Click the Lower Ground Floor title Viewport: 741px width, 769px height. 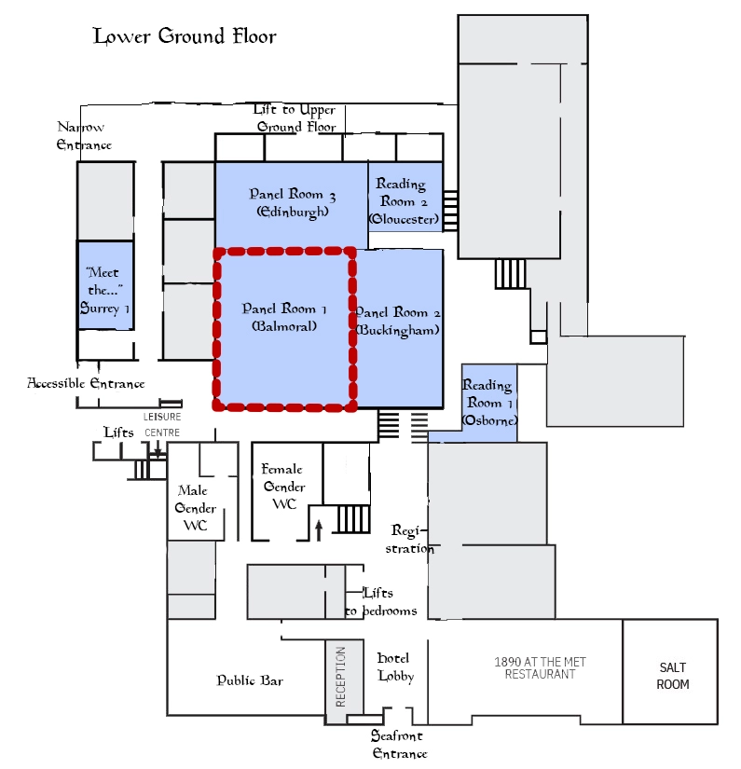pyautogui.click(x=185, y=37)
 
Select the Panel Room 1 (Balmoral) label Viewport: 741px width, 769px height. pyautogui.click(x=284, y=318)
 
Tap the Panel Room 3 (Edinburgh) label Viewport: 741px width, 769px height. pyautogui.click(x=292, y=203)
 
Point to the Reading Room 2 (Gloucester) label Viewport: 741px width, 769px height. pyautogui.click(x=404, y=201)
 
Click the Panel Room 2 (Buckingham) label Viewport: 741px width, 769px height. pyautogui.click(x=397, y=322)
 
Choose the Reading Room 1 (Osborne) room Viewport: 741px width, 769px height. pyautogui.click(x=488, y=403)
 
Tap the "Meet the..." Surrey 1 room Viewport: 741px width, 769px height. pyautogui.click(x=104, y=284)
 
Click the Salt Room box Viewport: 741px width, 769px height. pyautogui.click(x=672, y=676)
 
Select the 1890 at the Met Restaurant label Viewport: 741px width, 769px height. pyautogui.click(x=540, y=668)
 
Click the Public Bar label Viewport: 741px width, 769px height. pyautogui.click(x=250, y=680)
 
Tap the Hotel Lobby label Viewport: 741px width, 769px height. pyautogui.click(x=395, y=667)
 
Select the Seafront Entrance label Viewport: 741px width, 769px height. pyautogui.click(x=399, y=745)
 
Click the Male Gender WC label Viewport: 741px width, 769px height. pyautogui.click(x=195, y=508)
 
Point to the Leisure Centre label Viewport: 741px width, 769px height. pyautogui.click(x=161, y=424)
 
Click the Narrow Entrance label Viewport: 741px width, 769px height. pyautogui.click(x=83, y=136)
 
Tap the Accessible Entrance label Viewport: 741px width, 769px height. pyautogui.click(x=86, y=383)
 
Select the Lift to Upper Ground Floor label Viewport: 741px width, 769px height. pyautogui.click(x=295, y=118)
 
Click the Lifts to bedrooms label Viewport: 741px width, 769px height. pyautogui.click(x=380, y=602)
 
